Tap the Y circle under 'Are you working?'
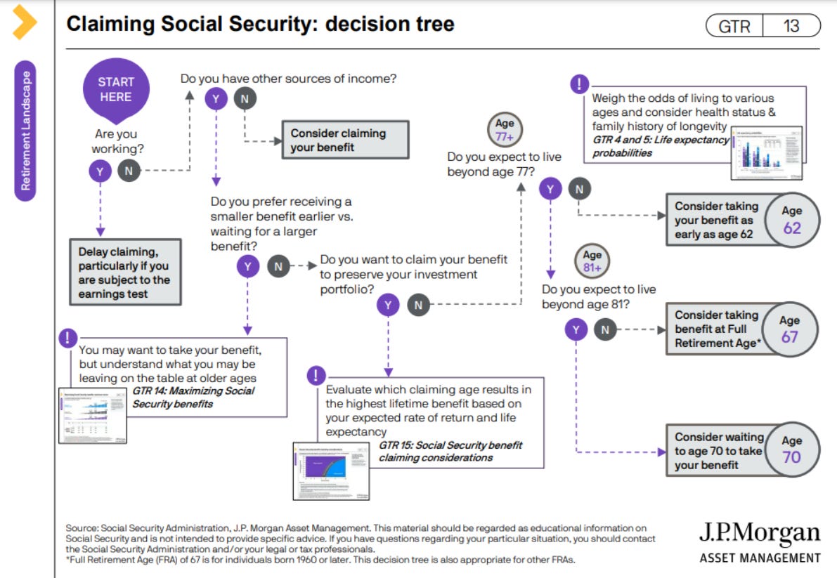[100, 170]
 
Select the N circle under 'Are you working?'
[129, 170]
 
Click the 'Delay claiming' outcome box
[125, 272]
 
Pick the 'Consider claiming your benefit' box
[344, 140]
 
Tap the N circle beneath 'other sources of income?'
[245, 99]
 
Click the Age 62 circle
[791, 220]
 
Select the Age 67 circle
[790, 329]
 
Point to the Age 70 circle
[791, 449]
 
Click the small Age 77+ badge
[505, 130]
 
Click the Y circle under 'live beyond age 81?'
[576, 329]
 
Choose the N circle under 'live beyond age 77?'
[579, 188]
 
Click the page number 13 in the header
[791, 26]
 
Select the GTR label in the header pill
[734, 27]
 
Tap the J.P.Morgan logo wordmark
[759, 534]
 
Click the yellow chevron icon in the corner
[25, 22]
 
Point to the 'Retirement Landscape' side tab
[26, 131]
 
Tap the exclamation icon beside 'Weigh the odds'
[578, 84]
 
